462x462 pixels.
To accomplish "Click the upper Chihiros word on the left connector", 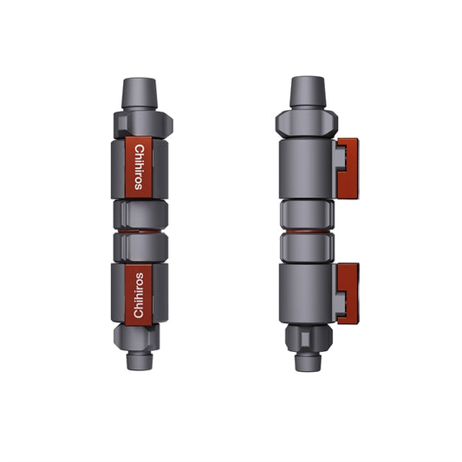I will [140, 166].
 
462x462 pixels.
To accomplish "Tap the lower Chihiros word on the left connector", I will [140, 294].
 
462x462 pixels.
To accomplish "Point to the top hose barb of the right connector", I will [306, 91].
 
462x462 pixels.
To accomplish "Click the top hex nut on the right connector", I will [306, 122].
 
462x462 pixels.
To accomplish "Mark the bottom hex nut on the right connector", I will [306, 336].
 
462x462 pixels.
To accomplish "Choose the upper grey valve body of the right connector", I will [306, 169].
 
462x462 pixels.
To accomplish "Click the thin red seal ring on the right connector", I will [306, 231].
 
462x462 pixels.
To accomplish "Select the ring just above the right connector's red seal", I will [306, 214].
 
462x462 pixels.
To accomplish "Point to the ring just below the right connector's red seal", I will [306, 247].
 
